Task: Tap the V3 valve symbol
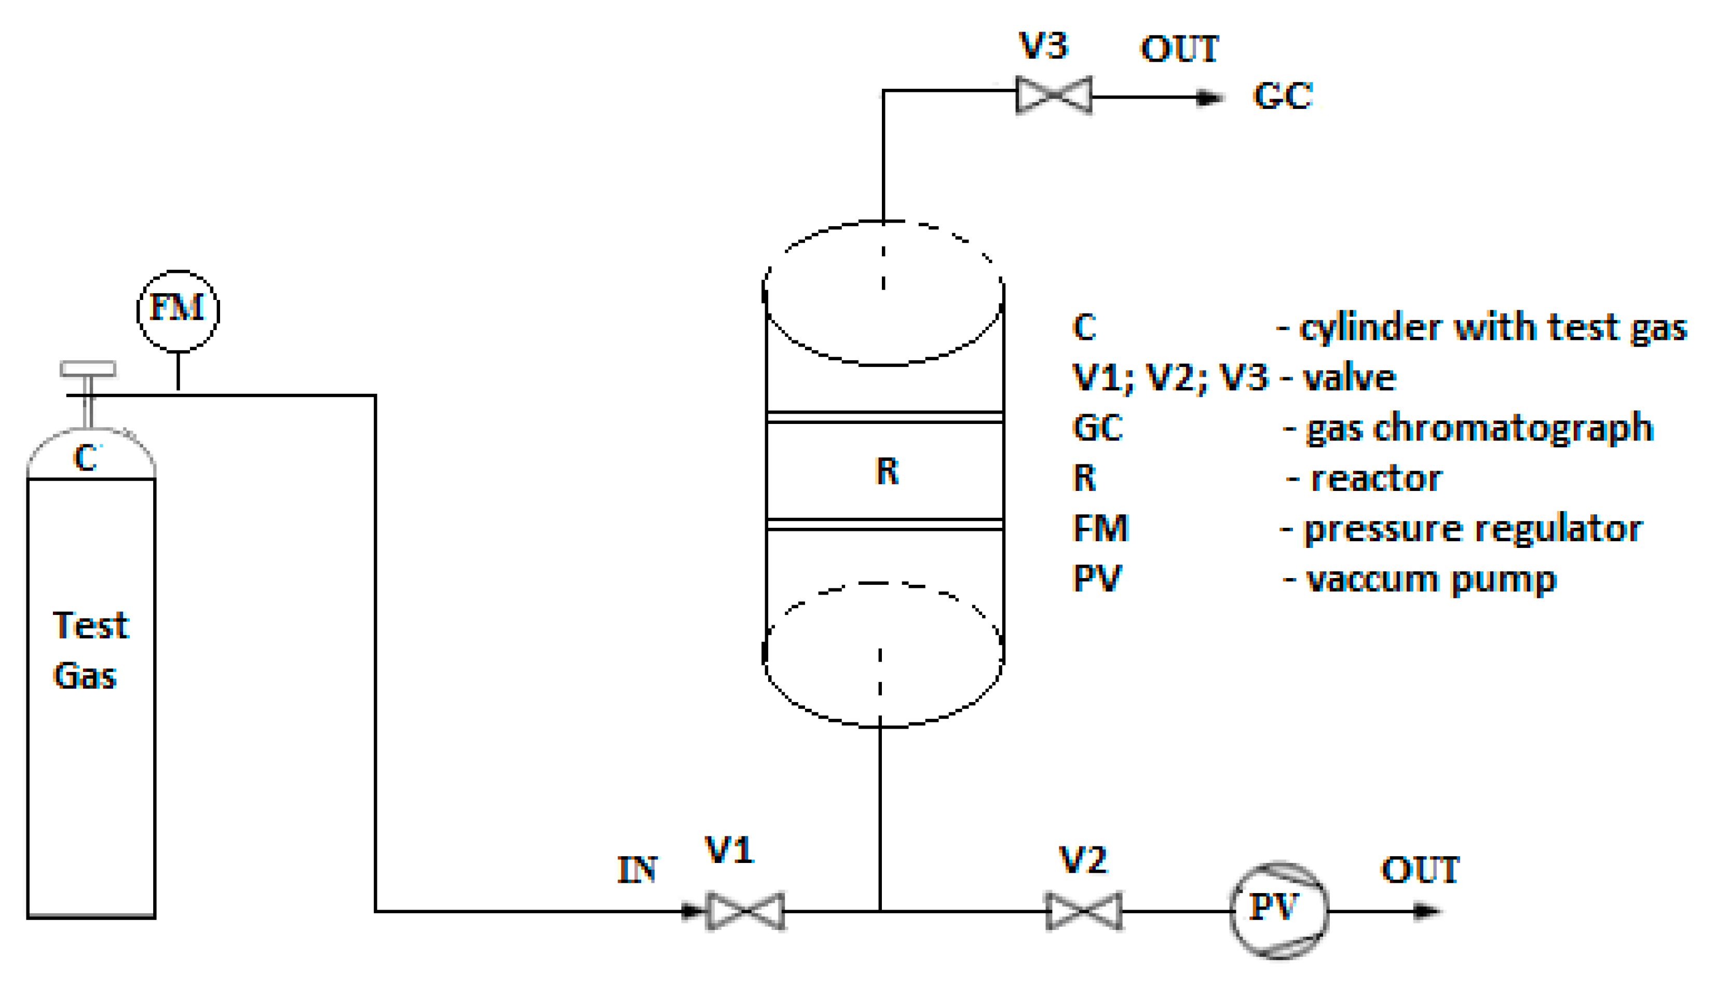[1054, 94]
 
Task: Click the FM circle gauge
[178, 310]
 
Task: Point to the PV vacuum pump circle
[1278, 910]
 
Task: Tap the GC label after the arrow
[1283, 95]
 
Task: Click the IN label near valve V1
[637, 870]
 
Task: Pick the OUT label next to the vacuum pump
[1420, 870]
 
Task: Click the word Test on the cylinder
[90, 625]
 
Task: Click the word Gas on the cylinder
[85, 676]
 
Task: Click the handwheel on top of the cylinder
[88, 369]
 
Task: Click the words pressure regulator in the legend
[1473, 529]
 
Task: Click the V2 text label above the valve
[1083, 860]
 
